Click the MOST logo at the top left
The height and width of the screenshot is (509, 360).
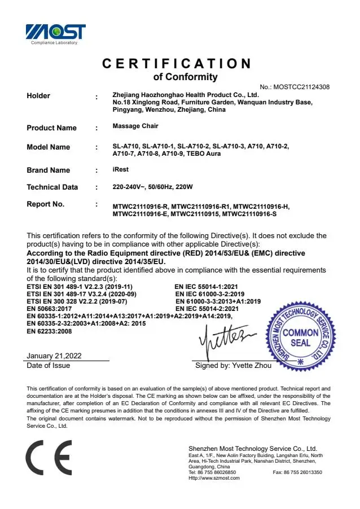pos(55,33)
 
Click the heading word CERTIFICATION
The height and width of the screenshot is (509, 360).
pos(177,64)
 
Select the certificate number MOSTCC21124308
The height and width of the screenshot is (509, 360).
pos(301,87)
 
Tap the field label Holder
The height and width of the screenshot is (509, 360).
pos(38,96)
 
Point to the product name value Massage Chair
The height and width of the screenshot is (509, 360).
pos(135,126)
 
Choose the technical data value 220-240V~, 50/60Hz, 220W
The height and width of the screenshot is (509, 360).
pos(153,187)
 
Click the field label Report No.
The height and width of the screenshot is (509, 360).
pos(46,204)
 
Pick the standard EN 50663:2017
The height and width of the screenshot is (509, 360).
pos(49,309)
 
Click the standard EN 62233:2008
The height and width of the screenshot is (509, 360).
pos(49,331)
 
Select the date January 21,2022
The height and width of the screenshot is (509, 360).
pos(54,356)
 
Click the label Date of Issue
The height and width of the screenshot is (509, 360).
pos(49,366)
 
